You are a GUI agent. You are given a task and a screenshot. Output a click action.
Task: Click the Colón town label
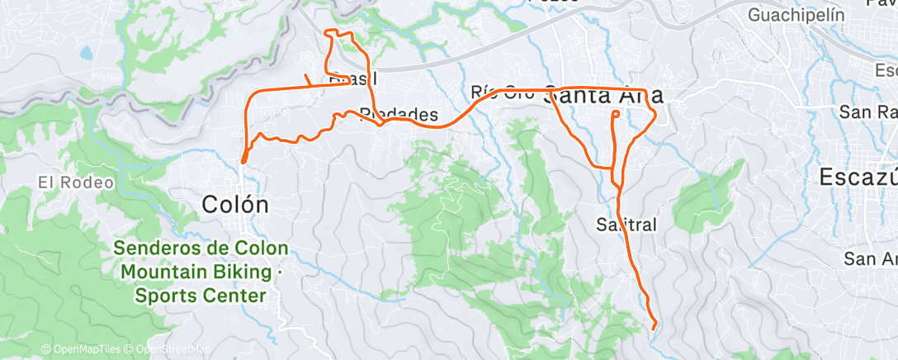coord(235,204)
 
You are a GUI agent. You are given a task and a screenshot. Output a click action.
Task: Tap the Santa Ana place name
coord(605,95)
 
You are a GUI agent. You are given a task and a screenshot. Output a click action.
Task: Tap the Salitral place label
coord(626,224)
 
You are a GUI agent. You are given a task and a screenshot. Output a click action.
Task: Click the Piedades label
coord(398,114)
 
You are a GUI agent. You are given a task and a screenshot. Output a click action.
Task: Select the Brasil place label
coord(352,79)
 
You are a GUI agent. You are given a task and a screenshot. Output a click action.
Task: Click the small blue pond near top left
coord(86,54)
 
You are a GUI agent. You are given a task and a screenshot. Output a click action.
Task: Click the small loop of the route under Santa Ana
coord(616,114)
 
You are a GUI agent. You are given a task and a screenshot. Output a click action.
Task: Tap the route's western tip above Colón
coord(243,160)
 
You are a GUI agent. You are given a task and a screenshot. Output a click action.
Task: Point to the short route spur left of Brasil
coord(308,80)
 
